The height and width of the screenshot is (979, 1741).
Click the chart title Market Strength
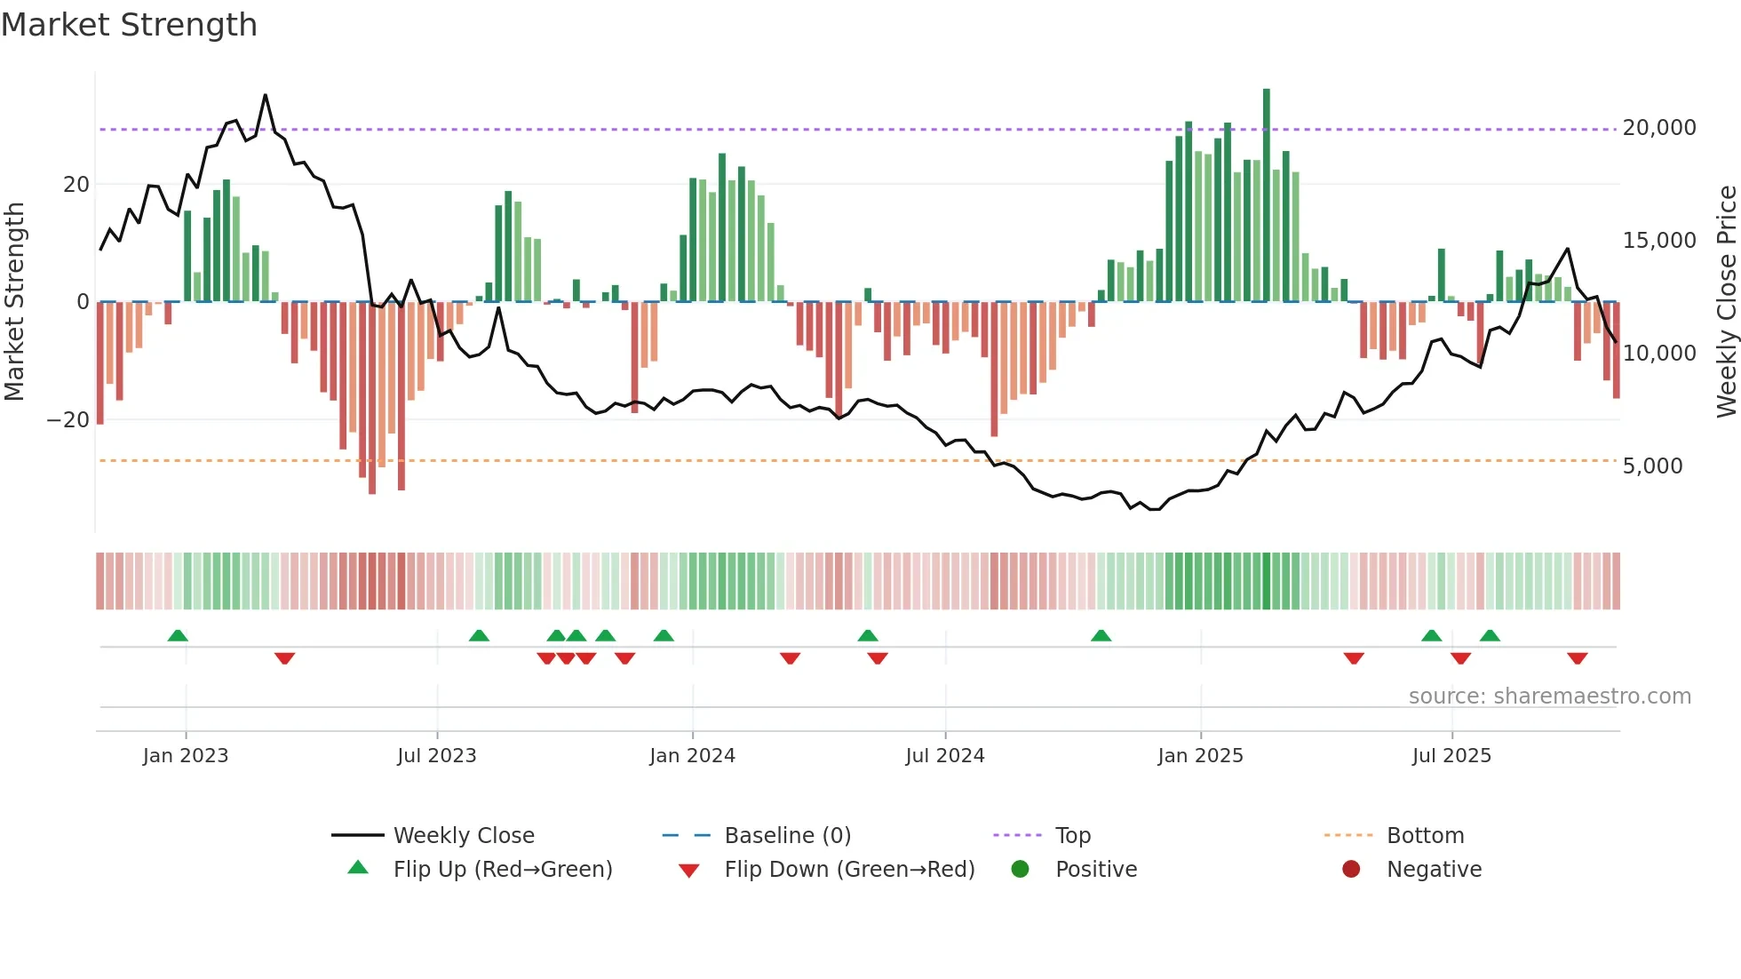129,25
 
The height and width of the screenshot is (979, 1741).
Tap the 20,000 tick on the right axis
1658,128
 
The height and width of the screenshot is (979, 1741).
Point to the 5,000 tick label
1652,466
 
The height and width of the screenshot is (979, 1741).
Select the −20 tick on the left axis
68,419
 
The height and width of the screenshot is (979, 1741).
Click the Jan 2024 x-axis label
692,756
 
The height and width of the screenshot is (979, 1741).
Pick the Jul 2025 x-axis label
1451,756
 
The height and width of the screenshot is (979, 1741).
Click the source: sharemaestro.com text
1549,696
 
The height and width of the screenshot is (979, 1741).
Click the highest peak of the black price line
265,96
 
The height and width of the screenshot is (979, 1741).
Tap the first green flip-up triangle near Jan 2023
178,635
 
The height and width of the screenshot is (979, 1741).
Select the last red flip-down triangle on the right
1578,658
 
